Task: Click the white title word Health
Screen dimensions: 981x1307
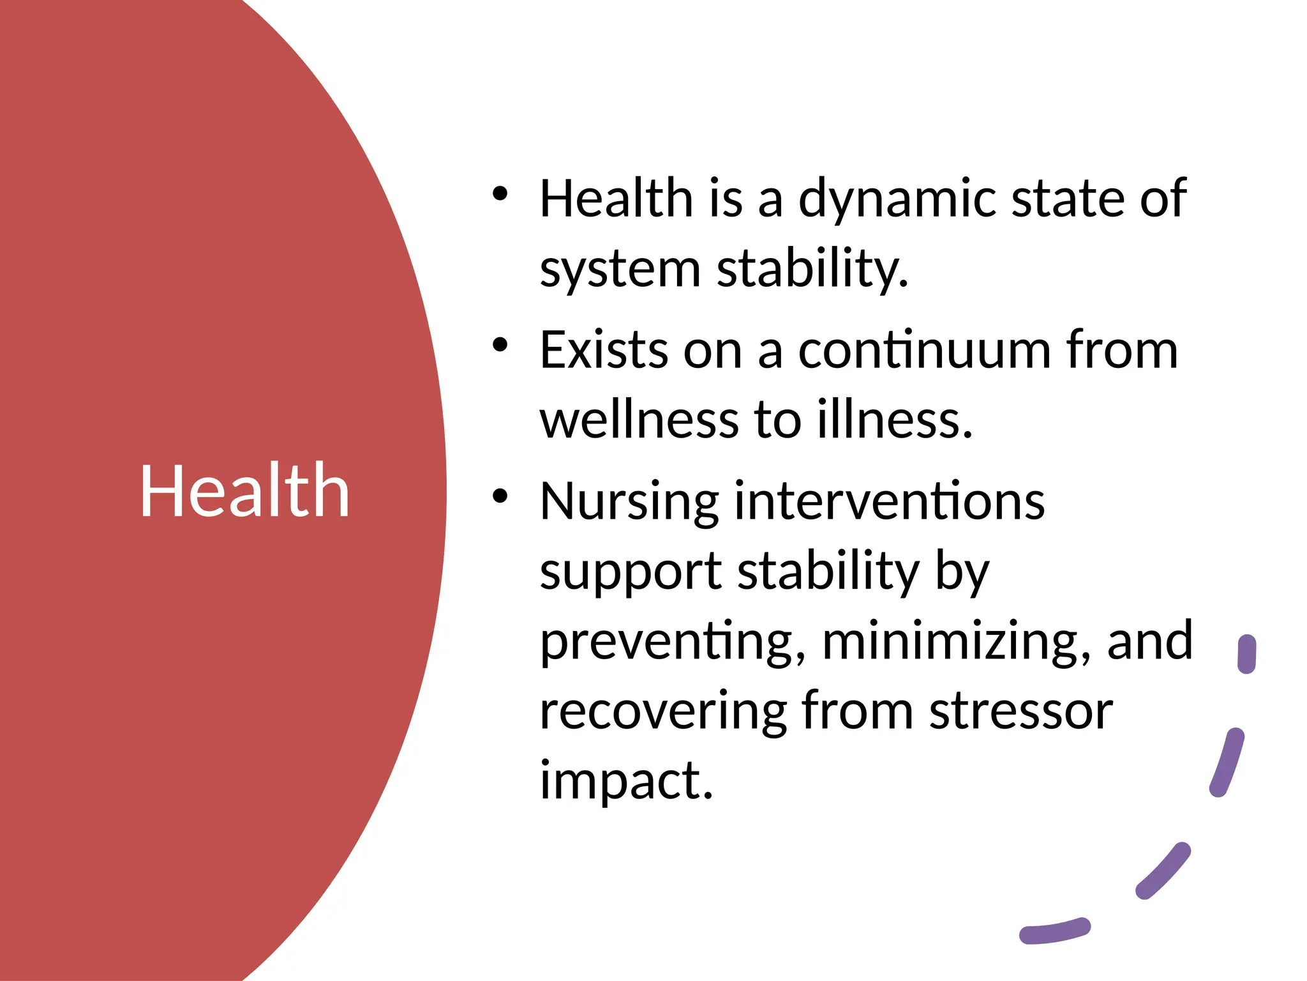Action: [x=244, y=490]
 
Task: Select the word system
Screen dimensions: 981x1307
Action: [x=620, y=270]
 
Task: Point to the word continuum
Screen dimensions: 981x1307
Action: [x=924, y=350]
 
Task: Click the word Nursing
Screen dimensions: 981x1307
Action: [x=629, y=503]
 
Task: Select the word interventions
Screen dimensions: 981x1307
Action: [x=890, y=501]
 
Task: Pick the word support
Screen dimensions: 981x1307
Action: [x=631, y=572]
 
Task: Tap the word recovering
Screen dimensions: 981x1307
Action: [x=662, y=711]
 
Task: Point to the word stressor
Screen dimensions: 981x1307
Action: [x=1021, y=711]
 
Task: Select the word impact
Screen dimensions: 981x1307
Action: [x=625, y=780]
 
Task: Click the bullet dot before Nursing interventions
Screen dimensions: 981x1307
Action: [x=500, y=496]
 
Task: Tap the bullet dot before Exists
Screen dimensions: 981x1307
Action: [x=500, y=345]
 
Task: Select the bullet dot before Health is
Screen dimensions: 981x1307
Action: [x=500, y=194]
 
